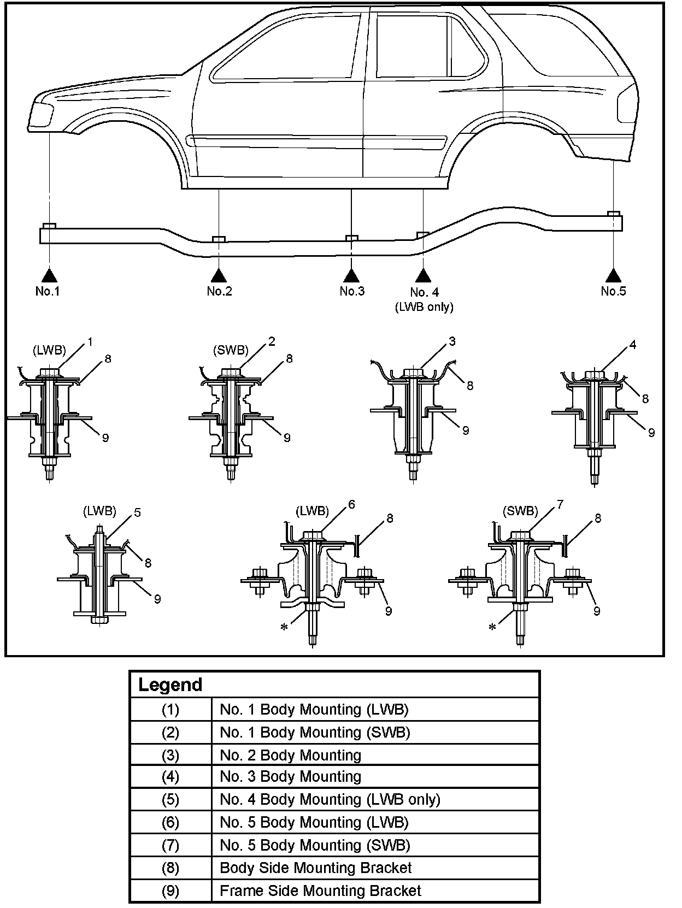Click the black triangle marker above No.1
49,275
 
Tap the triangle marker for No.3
351,275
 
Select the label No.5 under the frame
613,291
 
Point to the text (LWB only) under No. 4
424,306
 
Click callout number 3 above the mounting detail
451,341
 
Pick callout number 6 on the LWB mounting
351,504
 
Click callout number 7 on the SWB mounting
559,504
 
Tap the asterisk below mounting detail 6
284,627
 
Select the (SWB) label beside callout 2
231,350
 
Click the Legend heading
170,685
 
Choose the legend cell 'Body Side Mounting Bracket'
315,868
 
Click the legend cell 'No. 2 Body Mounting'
290,755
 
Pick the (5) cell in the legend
170,800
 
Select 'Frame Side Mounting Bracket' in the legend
320,891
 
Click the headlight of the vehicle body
42,115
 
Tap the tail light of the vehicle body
626,104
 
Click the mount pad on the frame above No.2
219,239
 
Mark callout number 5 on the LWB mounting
137,512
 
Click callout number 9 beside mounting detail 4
651,433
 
